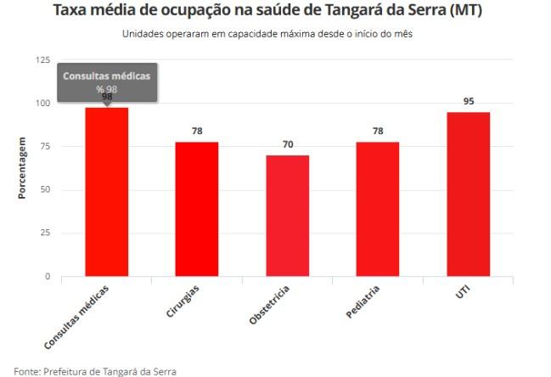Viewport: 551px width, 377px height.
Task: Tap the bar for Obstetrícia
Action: click(x=287, y=216)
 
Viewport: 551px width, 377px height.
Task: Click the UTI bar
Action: click(x=468, y=194)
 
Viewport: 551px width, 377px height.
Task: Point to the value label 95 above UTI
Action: click(x=468, y=101)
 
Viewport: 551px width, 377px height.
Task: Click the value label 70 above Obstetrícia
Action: click(x=288, y=144)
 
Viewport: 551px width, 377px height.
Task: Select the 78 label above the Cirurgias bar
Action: click(x=197, y=131)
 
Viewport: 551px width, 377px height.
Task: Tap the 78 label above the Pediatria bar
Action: click(x=378, y=131)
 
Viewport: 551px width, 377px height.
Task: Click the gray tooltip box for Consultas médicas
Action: click(x=106, y=82)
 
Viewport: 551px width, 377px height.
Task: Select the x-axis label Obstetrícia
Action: click(x=271, y=306)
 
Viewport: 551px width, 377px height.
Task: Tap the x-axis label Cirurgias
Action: click(x=183, y=301)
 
